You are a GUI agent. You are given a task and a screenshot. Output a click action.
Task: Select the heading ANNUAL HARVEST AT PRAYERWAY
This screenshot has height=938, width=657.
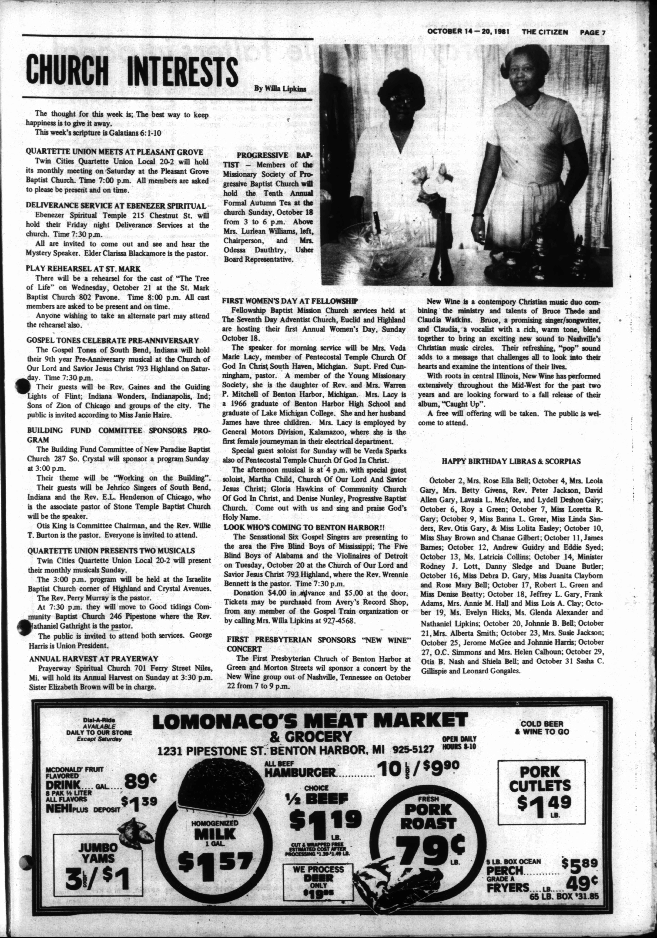pos(93,659)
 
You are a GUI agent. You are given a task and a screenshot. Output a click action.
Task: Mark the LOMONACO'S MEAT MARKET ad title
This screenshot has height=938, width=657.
pos(310,721)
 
